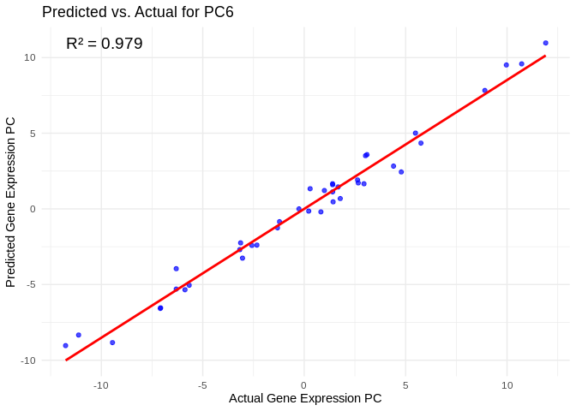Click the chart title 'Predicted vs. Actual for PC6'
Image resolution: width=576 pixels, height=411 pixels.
(138, 12)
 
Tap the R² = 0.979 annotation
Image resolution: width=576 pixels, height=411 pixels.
(105, 44)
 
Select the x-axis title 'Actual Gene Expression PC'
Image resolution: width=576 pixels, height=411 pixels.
(305, 398)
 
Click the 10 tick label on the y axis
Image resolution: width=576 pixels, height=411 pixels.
(29, 57)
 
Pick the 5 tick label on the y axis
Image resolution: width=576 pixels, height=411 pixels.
(32, 134)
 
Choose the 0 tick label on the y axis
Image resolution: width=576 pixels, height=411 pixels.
(32, 209)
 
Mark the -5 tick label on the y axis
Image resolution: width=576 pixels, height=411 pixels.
(30, 284)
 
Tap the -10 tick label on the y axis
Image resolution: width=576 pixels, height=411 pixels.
(27, 360)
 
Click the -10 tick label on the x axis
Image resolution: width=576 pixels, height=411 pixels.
(101, 385)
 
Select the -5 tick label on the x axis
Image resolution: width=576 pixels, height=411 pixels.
(202, 385)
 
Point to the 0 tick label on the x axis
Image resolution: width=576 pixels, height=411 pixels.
(304, 385)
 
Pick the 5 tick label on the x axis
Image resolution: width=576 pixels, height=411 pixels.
(405, 385)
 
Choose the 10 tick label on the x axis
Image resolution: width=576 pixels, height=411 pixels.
(507, 385)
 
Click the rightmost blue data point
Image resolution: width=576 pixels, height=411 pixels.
(545, 43)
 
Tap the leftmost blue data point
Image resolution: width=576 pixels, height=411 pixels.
(65, 346)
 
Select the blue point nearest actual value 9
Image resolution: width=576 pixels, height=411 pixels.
(484, 91)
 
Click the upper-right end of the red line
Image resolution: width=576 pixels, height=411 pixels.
(545, 57)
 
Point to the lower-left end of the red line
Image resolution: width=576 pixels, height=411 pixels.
(65, 360)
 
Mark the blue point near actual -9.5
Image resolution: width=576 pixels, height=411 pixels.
(112, 342)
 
